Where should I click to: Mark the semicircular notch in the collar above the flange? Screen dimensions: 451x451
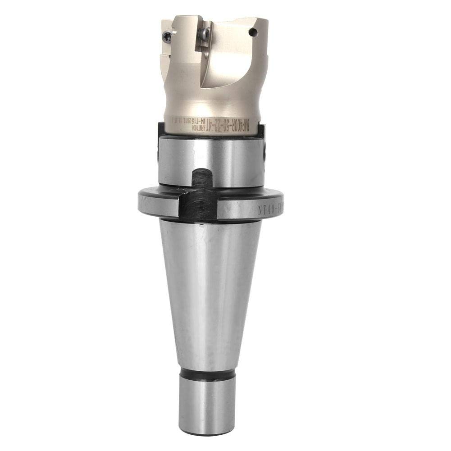(199, 178)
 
